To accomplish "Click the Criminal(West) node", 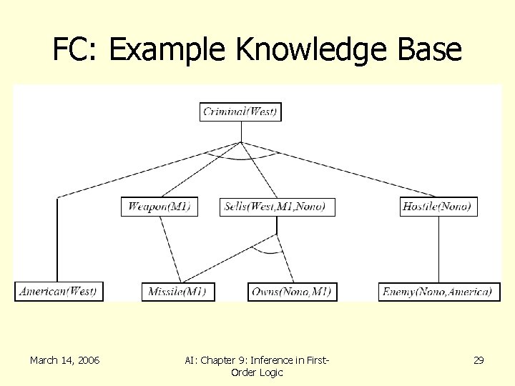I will tap(240, 112).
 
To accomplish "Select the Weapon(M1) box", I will tap(160, 207).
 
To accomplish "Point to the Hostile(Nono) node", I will tap(438, 207).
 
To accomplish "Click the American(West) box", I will tap(59, 292).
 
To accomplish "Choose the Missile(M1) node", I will tap(178, 292).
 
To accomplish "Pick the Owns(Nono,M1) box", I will tap(293, 292).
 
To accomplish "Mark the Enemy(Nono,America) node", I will tap(438, 292).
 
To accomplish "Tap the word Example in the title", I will tap(170, 50).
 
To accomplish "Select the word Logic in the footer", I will tap(270, 372).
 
